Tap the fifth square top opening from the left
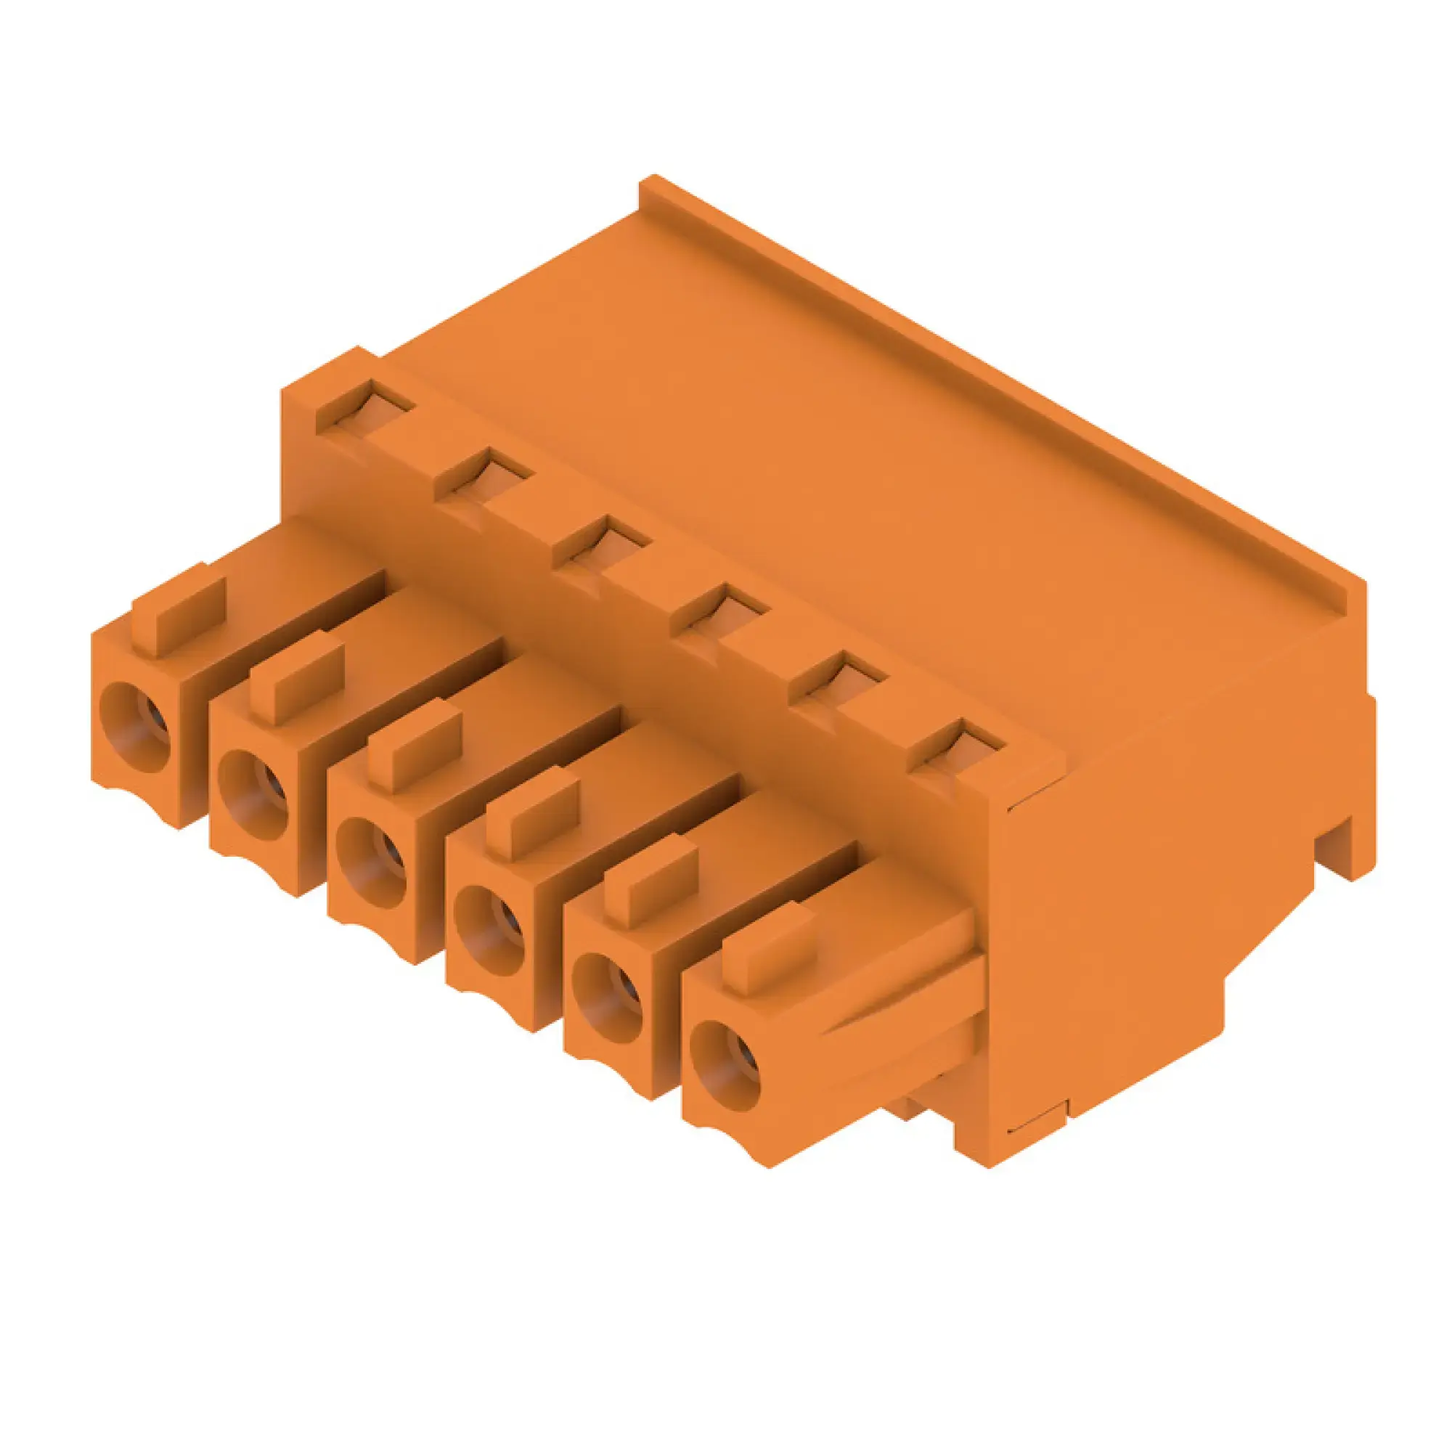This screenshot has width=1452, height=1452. pos(838,677)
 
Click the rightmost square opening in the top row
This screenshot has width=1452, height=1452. pos(956,744)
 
